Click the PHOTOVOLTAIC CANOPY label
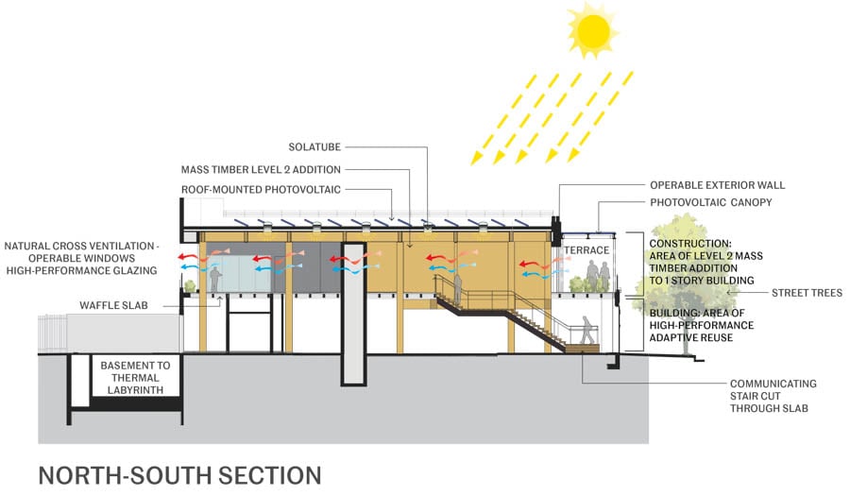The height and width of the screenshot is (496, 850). click(x=710, y=202)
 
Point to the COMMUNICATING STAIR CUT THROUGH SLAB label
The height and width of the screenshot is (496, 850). click(x=773, y=397)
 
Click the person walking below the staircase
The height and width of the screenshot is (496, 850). click(x=587, y=330)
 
